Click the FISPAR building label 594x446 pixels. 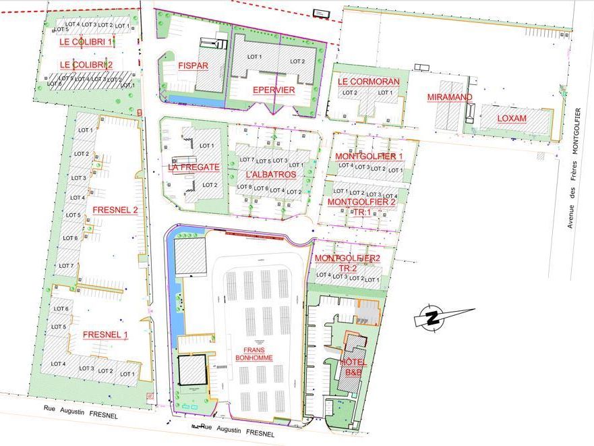tap(193, 66)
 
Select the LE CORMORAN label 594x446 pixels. tap(368, 82)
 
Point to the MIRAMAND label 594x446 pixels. tap(450, 97)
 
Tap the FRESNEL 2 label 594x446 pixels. tap(115, 210)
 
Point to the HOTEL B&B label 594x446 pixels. tap(353, 367)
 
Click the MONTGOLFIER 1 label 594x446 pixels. tap(369, 157)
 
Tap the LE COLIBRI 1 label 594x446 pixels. tap(86, 42)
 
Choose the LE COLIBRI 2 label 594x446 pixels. tap(86, 65)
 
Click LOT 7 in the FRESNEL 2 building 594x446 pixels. tap(66, 266)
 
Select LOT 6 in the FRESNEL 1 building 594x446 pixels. tap(60, 308)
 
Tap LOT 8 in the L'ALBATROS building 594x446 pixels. tap(245, 188)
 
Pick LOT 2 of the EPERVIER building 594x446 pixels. tap(297, 61)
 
